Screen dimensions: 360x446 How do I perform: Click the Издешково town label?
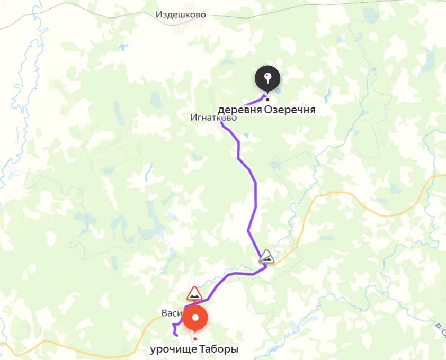click(x=181, y=15)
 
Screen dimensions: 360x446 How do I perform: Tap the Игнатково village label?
click(x=213, y=118)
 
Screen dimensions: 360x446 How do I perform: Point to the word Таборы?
click(x=219, y=349)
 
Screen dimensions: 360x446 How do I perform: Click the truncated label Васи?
click(x=172, y=313)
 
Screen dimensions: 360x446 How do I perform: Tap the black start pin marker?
click(x=267, y=78)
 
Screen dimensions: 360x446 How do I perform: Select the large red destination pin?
click(x=195, y=319)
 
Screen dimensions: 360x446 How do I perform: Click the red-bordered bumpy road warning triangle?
click(x=195, y=294)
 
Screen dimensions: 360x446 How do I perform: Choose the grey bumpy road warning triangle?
click(x=266, y=257)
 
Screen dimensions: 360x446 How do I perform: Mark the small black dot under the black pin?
click(x=267, y=99)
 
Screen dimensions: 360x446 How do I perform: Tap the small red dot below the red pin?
click(x=195, y=338)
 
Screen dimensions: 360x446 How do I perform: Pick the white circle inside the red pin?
click(x=195, y=318)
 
